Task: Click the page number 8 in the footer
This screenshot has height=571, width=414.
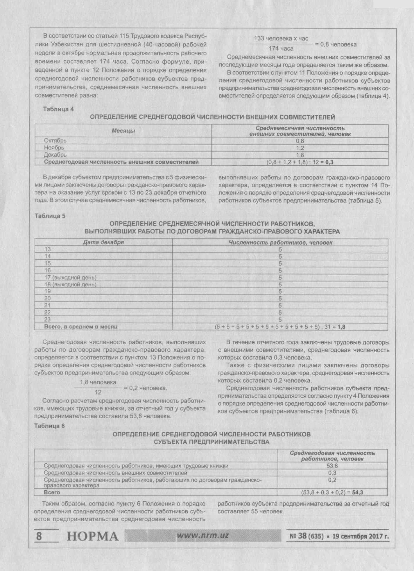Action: tap(39, 536)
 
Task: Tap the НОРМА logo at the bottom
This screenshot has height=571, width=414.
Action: tap(93, 536)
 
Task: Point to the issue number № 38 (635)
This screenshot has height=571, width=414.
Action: tap(307, 536)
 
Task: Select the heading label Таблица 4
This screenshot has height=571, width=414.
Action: tap(58, 109)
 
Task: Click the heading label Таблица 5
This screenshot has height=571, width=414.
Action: tap(50, 216)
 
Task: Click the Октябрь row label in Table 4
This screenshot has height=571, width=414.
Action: tap(55, 141)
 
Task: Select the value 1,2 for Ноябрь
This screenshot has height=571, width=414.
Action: tap(300, 148)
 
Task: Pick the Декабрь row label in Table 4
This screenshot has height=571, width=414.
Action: tap(55, 155)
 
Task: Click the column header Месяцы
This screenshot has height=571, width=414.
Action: tap(123, 131)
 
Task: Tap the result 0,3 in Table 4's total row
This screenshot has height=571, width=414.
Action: tap(329, 162)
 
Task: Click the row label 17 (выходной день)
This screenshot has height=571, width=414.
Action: tap(70, 278)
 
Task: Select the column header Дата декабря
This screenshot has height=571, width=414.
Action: tap(103, 242)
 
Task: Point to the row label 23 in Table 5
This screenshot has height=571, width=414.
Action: tap(47, 319)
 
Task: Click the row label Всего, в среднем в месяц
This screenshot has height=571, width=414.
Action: tap(81, 327)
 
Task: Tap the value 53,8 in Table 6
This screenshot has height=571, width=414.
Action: tap(332, 466)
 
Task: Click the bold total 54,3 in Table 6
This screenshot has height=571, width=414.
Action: tap(358, 492)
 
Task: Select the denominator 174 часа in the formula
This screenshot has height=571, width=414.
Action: tap(281, 48)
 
